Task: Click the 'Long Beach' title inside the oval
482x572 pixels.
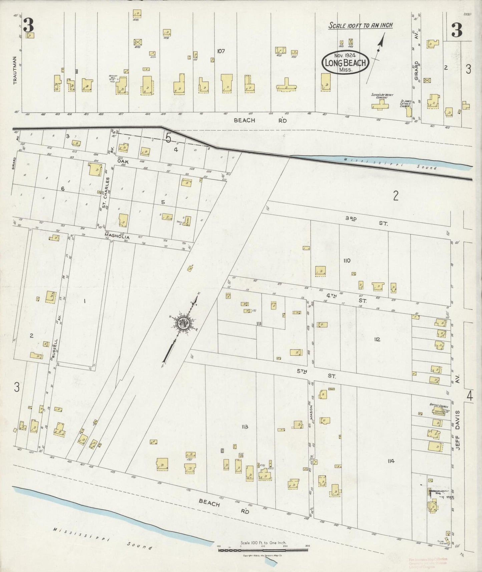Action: point(345,62)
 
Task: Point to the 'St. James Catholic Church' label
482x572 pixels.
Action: point(406,103)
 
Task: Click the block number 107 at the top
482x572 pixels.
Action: point(220,51)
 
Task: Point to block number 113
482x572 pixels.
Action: point(245,426)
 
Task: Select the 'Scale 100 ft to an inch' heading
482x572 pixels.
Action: point(360,25)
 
